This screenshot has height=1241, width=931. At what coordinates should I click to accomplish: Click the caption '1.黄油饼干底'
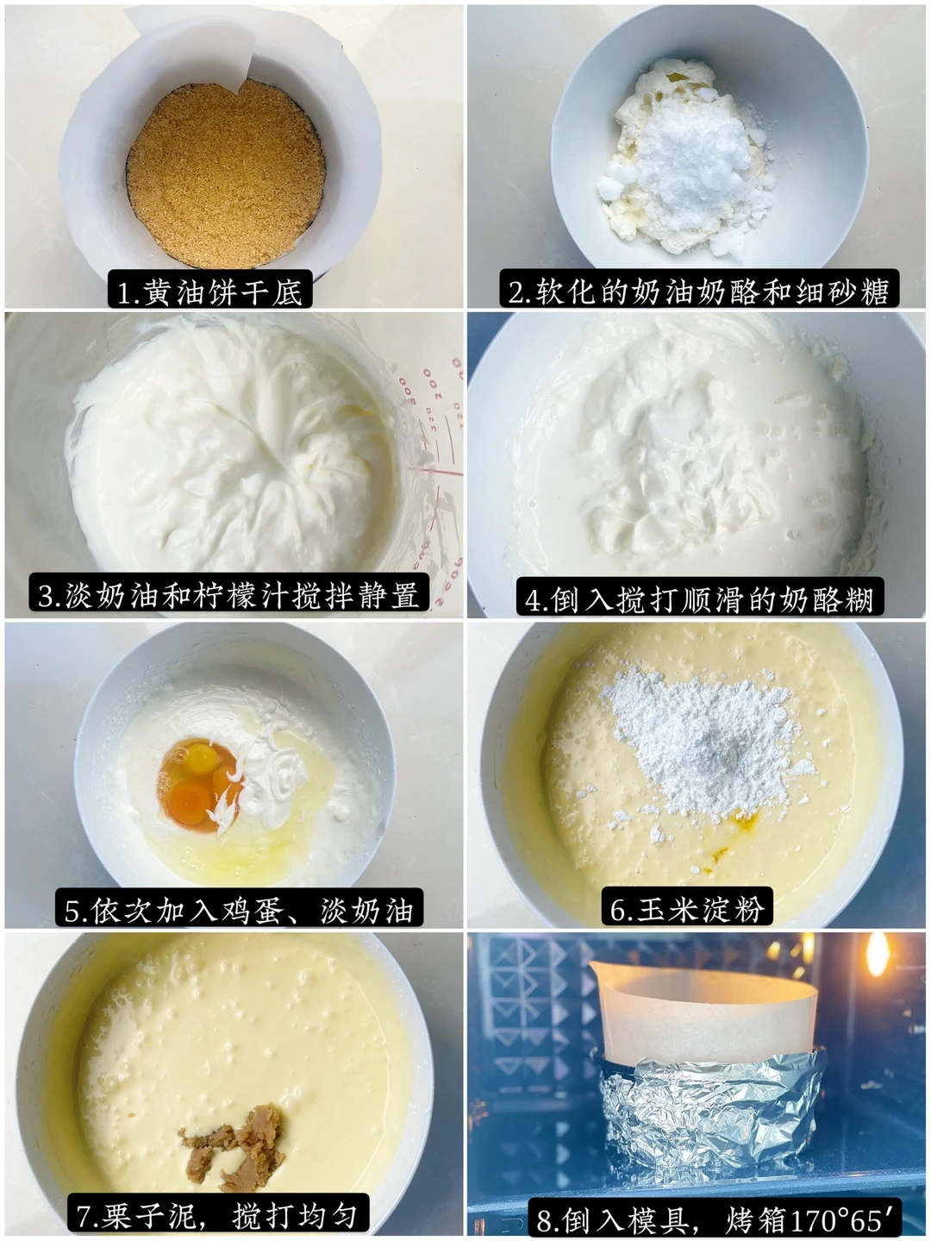click(x=210, y=291)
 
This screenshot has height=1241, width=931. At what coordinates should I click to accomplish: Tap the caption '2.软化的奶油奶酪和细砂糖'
click(x=699, y=290)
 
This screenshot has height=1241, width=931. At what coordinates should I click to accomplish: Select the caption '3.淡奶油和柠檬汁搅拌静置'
click(x=228, y=594)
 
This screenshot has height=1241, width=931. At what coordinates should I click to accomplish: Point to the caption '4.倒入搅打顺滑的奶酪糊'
click(x=700, y=599)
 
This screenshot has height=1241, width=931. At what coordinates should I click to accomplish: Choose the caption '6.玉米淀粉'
click(x=687, y=907)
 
